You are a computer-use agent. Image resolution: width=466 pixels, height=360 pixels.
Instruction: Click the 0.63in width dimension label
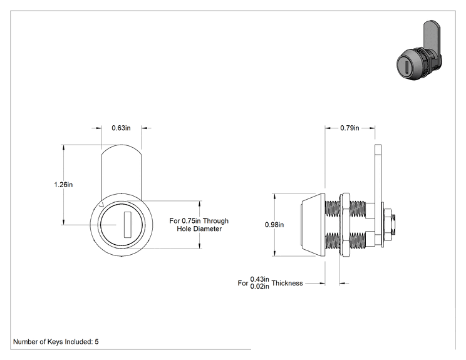(x=121, y=128)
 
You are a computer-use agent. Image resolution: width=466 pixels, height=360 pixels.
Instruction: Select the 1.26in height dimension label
(x=63, y=185)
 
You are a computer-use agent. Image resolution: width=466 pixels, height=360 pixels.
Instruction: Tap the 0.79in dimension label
(x=349, y=128)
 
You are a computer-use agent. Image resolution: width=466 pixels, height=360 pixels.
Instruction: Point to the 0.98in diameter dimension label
(x=274, y=225)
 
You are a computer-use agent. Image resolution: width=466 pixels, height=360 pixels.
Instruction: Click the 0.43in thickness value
(x=259, y=279)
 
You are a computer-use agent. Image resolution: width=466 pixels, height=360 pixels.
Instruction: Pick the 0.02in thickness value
(x=259, y=287)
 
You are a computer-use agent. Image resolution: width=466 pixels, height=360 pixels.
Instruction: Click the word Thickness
(x=287, y=283)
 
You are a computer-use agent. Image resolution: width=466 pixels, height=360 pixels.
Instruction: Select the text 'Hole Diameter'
(x=199, y=229)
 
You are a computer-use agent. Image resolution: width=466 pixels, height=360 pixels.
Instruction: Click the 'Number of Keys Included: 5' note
(x=56, y=342)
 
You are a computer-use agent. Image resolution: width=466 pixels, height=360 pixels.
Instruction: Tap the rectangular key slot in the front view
(x=127, y=225)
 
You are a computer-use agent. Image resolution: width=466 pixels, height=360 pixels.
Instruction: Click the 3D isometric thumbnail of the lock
(x=420, y=51)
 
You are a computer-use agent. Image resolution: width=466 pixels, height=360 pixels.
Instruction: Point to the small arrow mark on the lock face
(x=101, y=205)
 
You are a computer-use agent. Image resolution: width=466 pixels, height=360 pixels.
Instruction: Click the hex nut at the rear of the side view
(x=388, y=225)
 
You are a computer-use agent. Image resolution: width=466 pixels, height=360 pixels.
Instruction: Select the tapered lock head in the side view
(x=313, y=225)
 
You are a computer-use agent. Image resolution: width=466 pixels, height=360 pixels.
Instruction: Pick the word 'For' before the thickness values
(x=243, y=283)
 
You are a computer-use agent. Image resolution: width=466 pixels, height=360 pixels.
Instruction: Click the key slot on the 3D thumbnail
(x=406, y=66)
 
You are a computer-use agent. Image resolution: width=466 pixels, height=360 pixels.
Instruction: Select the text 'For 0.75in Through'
(x=199, y=221)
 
